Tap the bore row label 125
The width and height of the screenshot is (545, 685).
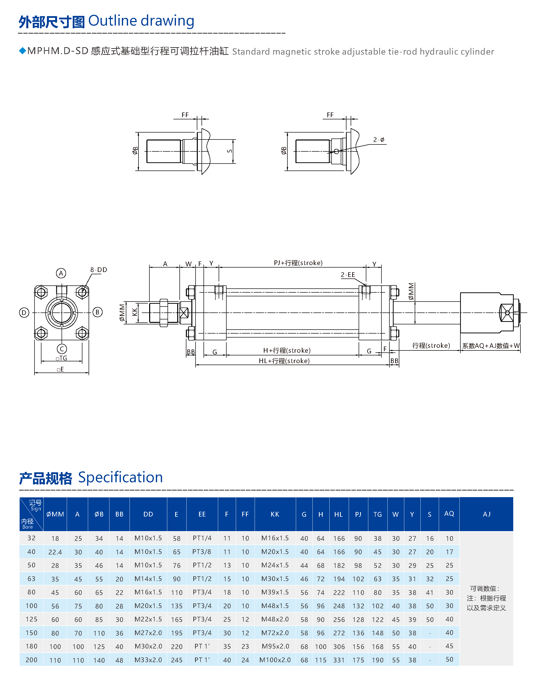coord(32,619)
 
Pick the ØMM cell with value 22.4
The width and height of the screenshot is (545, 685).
coord(55,552)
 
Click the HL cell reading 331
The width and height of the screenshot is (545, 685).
coord(339,660)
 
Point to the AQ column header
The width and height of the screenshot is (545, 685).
coord(449,514)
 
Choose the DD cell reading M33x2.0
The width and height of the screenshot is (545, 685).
coord(148,660)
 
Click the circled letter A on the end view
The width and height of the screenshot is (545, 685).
coord(61,273)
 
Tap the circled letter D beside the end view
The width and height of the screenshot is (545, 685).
coord(24,312)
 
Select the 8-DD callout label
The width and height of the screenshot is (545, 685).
coord(99,270)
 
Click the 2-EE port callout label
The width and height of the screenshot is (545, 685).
coord(348,274)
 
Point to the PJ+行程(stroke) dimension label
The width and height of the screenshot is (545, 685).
coord(298,263)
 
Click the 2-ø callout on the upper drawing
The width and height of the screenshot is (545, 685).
coord(378,140)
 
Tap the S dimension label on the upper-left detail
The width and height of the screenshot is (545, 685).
coord(229,151)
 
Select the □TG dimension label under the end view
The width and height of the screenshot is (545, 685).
coord(61,358)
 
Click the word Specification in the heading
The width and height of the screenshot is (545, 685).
coord(120,478)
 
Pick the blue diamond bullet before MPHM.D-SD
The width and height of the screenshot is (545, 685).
coord(23,51)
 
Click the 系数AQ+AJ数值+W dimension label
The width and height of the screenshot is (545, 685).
coord(490,346)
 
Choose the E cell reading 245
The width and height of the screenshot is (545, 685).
coord(177,660)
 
